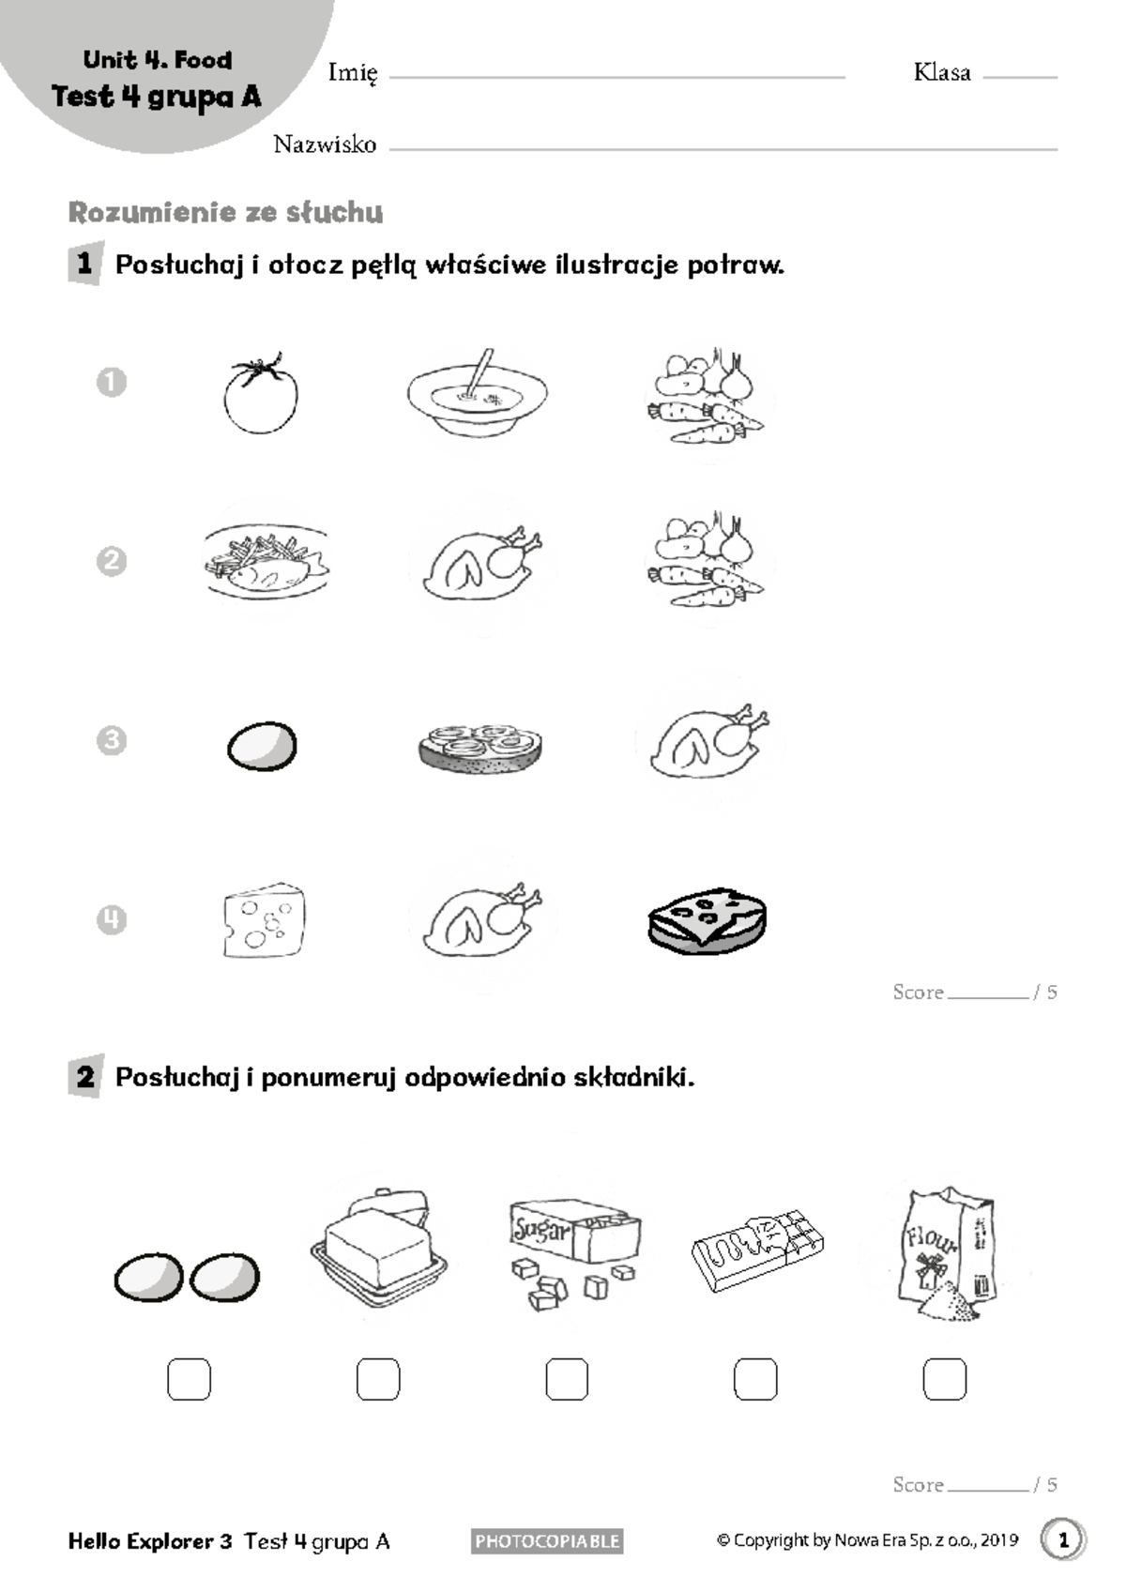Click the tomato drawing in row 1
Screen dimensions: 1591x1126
[261, 396]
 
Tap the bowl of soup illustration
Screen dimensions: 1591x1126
[477, 394]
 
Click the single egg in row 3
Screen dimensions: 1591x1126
[262, 747]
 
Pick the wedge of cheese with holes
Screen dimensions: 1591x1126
[265, 920]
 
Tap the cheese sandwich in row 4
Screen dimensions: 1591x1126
[708, 921]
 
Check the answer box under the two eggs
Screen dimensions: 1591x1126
[189, 1379]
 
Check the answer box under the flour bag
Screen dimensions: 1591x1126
[944, 1379]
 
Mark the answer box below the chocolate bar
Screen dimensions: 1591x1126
[755, 1379]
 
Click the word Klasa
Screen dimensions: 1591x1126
[942, 72]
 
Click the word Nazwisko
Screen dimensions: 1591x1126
[325, 144]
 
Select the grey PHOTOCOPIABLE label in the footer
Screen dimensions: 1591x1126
[547, 1540]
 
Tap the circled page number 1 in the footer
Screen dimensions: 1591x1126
[1063, 1539]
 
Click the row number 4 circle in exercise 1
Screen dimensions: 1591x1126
[112, 919]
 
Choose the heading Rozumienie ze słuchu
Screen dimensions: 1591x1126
[225, 213]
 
